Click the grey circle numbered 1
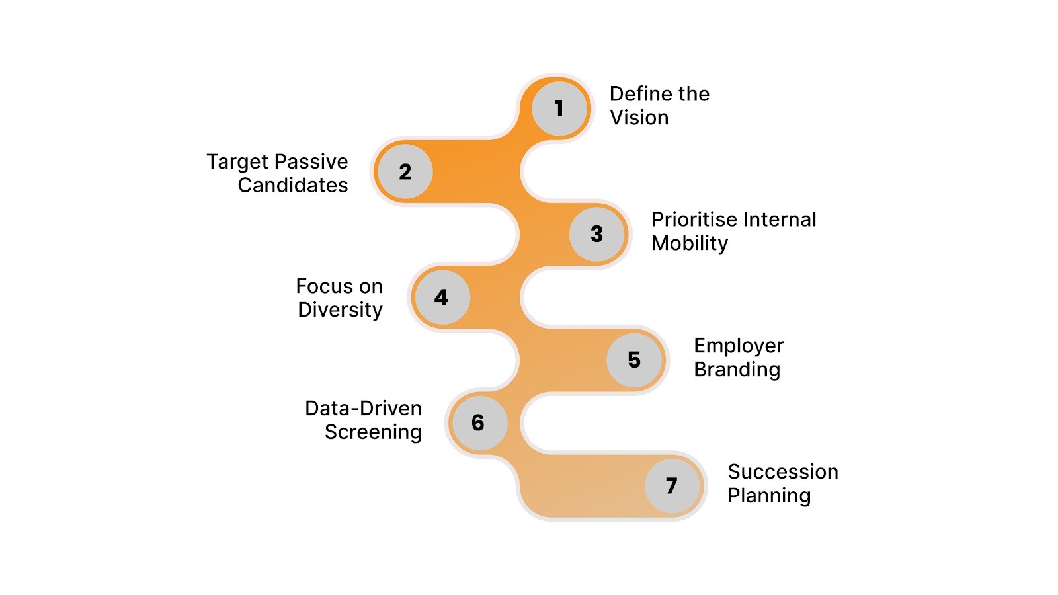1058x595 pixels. (x=559, y=108)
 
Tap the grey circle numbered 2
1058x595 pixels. (x=405, y=171)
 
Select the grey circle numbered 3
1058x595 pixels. (x=596, y=233)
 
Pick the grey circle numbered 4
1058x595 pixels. (x=441, y=297)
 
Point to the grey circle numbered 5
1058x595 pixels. (x=634, y=360)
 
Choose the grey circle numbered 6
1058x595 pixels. (x=478, y=422)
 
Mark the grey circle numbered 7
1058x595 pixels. (x=672, y=485)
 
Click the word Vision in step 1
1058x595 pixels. (x=639, y=118)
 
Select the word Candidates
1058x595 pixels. (x=293, y=186)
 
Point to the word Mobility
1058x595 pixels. (x=690, y=243)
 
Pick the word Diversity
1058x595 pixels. (x=340, y=310)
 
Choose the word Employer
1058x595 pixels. (x=739, y=346)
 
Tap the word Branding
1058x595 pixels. (x=737, y=370)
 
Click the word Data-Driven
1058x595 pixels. (x=363, y=409)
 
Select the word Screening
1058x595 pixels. (x=373, y=432)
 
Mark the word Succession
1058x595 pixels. (x=783, y=472)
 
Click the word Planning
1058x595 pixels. (x=769, y=496)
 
